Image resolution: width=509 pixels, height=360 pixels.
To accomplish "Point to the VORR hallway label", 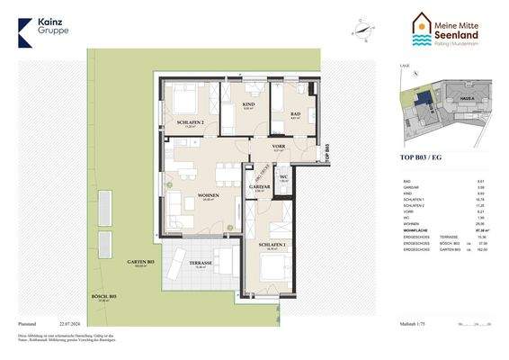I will tap(279, 146).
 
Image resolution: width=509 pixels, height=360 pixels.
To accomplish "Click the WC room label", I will tap(284, 176).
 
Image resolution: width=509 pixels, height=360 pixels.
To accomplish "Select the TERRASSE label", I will tap(201, 263).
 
